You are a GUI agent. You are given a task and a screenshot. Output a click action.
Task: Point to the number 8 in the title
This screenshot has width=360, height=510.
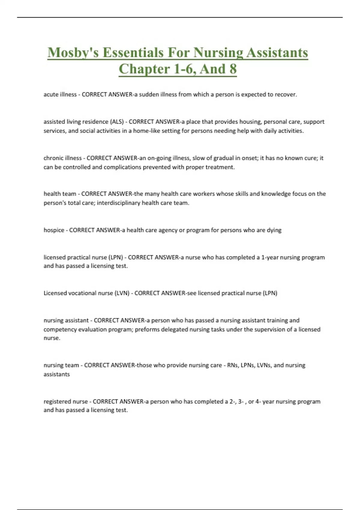coord(233,69)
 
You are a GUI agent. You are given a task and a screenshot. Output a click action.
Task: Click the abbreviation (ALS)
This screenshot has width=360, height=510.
coord(117,122)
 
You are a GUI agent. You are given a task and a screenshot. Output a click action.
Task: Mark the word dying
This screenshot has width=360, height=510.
coord(274,230)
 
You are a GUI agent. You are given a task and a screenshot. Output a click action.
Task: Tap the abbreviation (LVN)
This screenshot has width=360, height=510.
coord(122,293)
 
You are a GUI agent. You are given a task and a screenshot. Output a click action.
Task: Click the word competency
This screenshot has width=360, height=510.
coord(60,329)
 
